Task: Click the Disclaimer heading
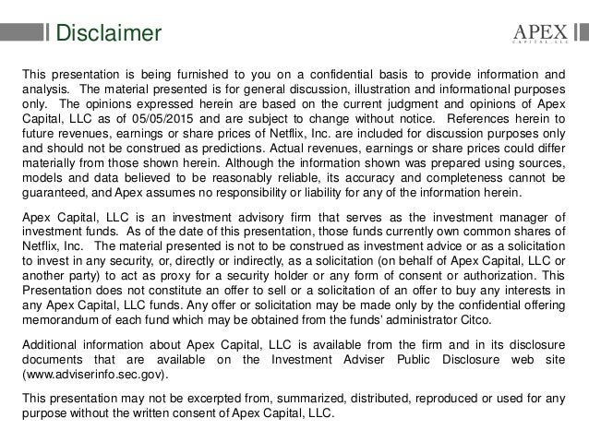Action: coord(108,35)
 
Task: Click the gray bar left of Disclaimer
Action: coord(23,35)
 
